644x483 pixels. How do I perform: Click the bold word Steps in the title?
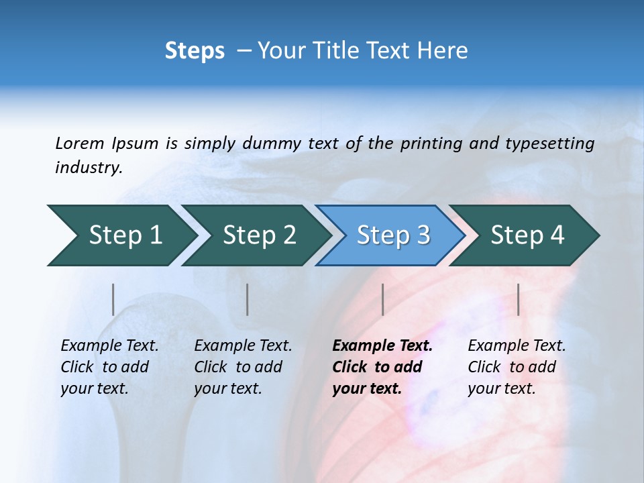tap(195, 51)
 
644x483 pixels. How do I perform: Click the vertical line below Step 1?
tap(113, 299)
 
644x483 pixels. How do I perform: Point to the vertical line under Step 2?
tap(248, 299)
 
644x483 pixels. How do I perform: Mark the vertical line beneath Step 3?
tap(382, 299)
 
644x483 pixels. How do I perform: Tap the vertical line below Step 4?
tap(518, 299)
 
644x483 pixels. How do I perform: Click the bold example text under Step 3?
tap(382, 367)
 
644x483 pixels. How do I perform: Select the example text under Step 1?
tap(109, 367)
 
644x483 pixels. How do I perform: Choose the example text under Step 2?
tap(243, 367)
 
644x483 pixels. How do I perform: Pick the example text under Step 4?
tap(517, 367)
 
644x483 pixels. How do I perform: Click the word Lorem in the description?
tap(79, 144)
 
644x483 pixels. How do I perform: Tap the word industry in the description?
tap(88, 168)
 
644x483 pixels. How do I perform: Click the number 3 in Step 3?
tap(423, 235)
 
